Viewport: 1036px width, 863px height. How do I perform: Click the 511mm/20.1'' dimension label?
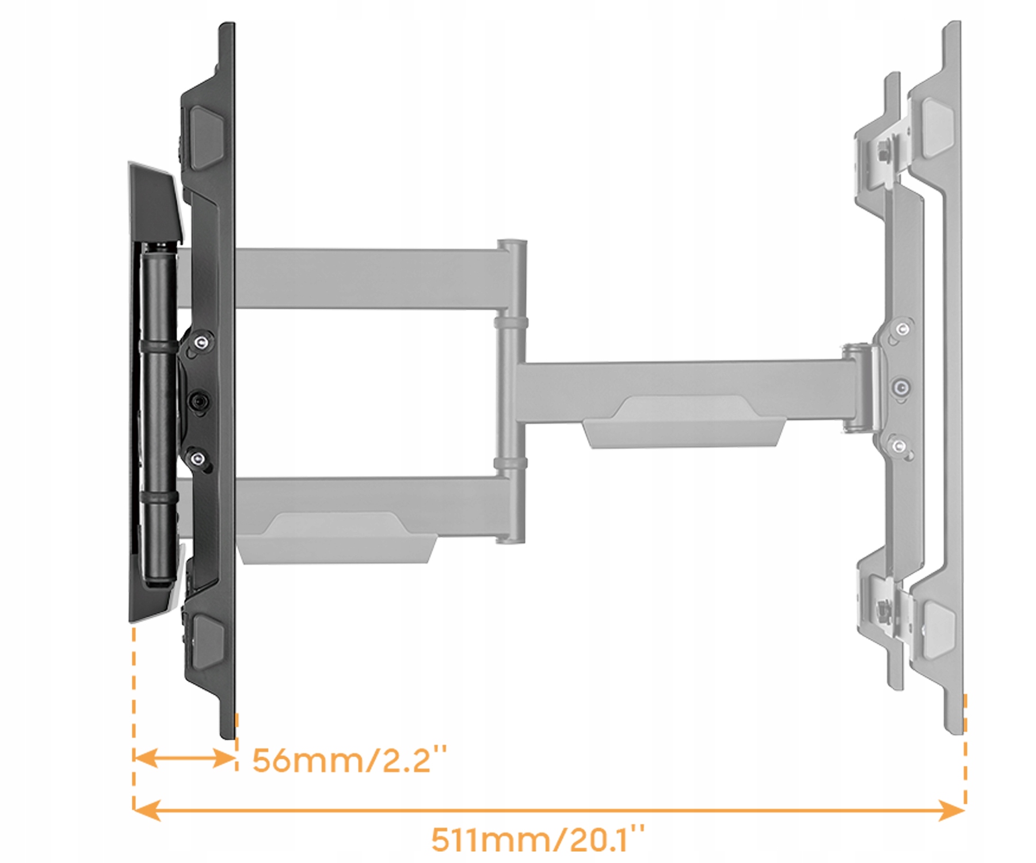click(538, 839)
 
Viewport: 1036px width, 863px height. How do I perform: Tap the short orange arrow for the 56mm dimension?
click(184, 758)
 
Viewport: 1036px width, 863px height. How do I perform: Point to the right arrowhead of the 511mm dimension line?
click(953, 811)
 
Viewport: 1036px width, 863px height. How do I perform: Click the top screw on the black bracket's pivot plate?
click(200, 343)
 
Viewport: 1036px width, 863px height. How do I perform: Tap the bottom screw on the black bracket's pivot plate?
click(198, 459)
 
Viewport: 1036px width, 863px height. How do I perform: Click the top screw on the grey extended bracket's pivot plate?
click(902, 329)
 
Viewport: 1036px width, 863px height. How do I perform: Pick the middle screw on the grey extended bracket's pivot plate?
click(901, 387)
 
